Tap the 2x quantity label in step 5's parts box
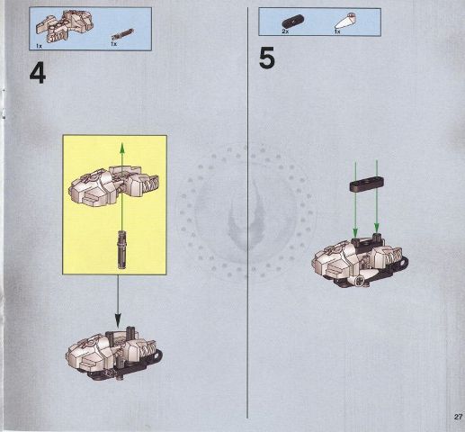[x=284, y=31]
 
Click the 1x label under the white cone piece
[x=336, y=31]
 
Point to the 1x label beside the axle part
[x=114, y=42]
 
